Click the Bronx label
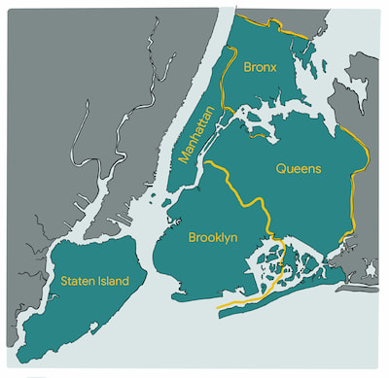tap(262, 68)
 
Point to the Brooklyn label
tap(212, 237)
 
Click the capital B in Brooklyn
tap(191, 236)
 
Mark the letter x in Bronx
tap(275, 69)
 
